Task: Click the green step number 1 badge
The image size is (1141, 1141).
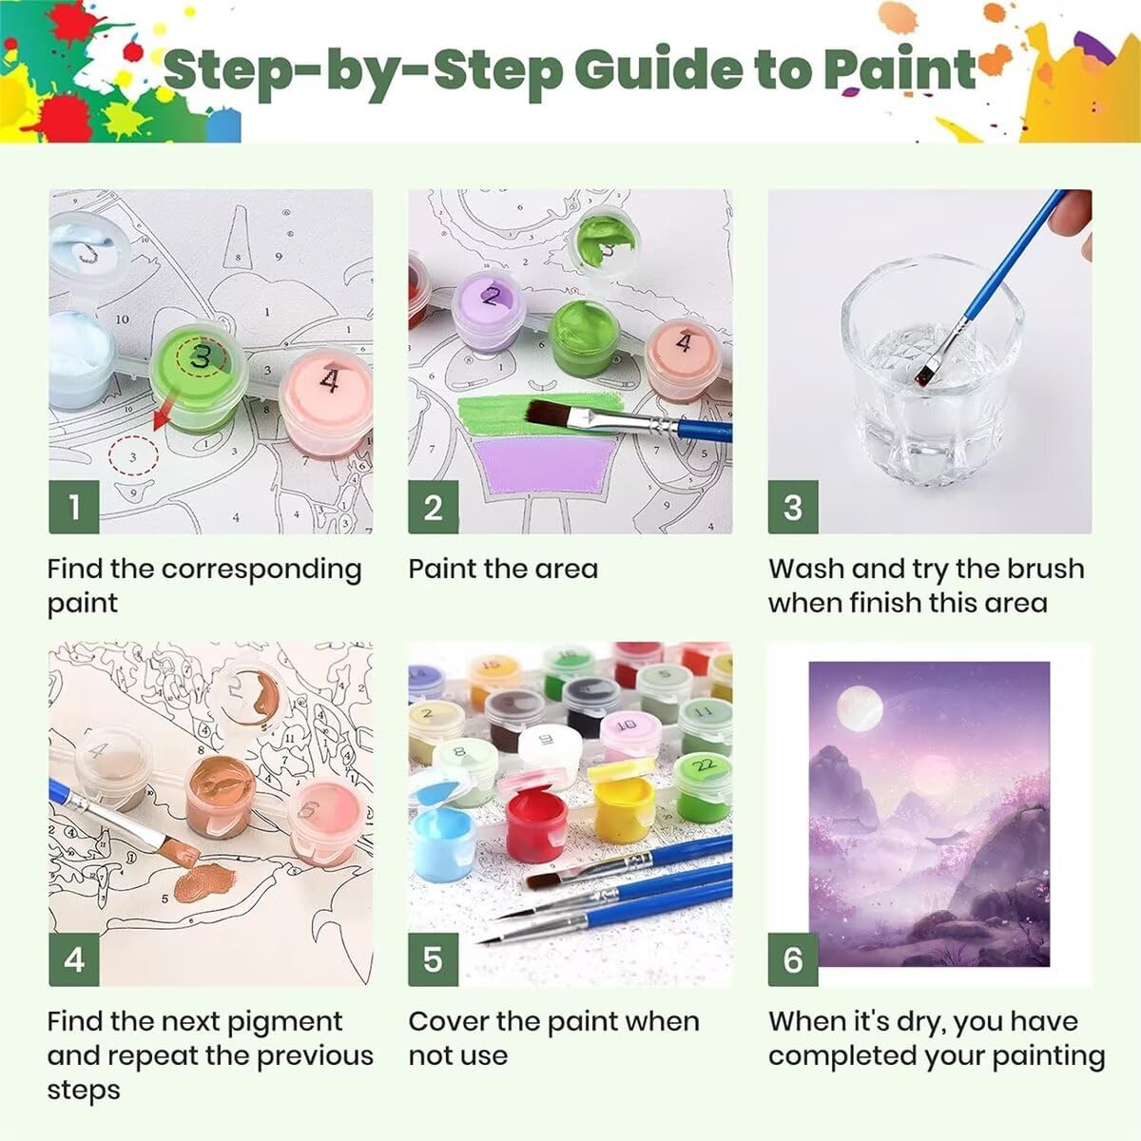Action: pos(74,507)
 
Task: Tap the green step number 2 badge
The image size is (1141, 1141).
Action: pos(434,507)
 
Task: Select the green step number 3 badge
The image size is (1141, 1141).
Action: pos(793,507)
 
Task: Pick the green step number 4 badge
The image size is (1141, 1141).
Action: pos(74,959)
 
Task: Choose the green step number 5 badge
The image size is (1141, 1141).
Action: pos(434,959)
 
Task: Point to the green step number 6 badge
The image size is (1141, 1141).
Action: pos(793,959)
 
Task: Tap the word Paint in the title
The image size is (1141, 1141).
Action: pos(900,71)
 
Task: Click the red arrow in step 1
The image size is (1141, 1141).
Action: pos(164,413)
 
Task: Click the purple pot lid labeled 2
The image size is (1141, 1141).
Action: pos(489,302)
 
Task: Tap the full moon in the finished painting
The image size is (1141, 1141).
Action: pos(859,708)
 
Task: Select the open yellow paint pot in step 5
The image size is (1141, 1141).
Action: pos(624,809)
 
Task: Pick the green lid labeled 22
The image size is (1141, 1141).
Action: pos(703,766)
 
